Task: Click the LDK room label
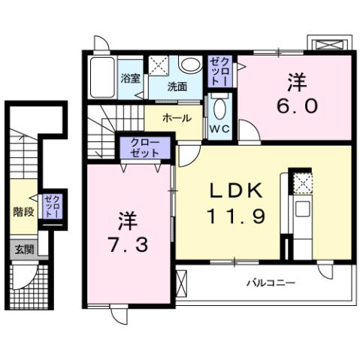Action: point(232,191)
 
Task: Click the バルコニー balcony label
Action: point(271,283)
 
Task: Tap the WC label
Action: point(219,129)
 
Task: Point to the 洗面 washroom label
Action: point(177,86)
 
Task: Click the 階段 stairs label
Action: point(23,211)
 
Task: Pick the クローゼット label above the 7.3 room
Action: point(140,147)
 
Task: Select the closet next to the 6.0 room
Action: point(219,71)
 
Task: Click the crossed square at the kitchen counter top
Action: point(301,183)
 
